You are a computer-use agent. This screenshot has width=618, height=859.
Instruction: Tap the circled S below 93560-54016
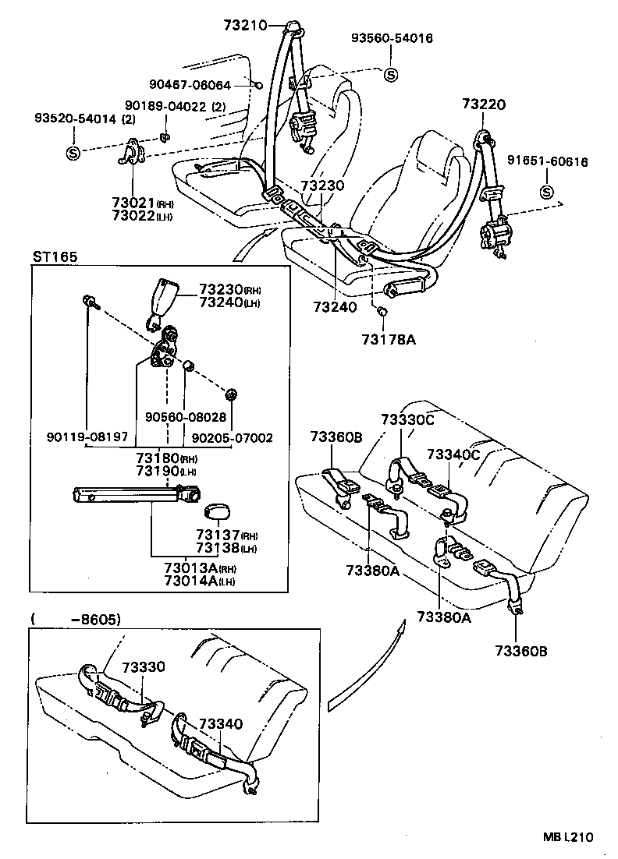(391, 74)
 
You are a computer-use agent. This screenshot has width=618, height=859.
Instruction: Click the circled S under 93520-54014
(73, 153)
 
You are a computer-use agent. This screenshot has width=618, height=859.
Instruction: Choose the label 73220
(484, 104)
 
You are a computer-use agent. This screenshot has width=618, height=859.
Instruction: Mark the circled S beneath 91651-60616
(546, 193)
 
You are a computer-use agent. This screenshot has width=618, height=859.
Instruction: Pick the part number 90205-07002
(232, 437)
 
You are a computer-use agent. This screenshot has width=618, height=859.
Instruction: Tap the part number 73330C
(407, 419)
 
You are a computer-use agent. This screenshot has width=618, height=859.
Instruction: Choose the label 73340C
(453, 454)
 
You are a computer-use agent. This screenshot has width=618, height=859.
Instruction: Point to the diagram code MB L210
(568, 836)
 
